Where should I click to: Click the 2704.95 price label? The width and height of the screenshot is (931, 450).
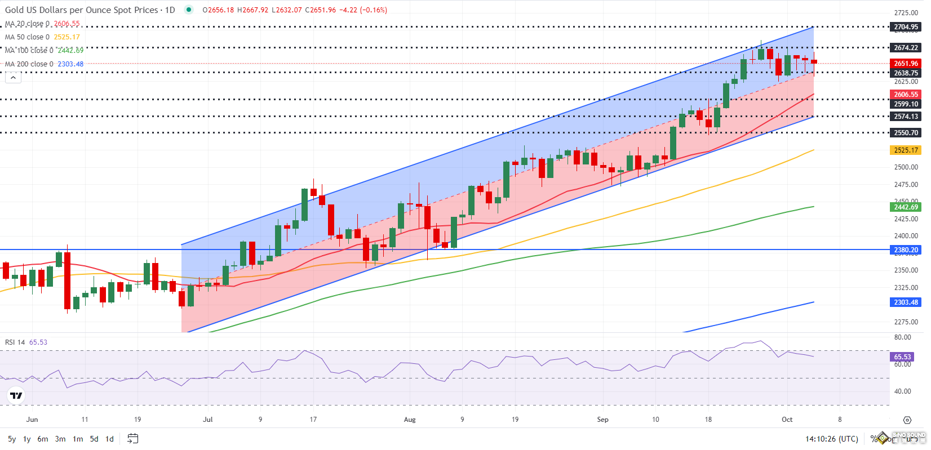pos(906,27)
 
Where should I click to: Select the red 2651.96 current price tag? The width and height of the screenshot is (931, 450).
pos(906,64)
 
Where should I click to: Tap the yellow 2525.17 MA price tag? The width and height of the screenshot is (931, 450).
pos(906,150)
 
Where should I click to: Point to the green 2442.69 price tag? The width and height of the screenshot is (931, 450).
pos(906,207)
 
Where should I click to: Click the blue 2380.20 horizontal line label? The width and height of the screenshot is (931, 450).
pos(906,250)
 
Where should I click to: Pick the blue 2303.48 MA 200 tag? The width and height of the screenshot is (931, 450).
pos(906,302)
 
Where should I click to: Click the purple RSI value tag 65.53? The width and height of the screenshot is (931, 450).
pos(902,357)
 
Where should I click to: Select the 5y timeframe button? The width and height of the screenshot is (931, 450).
pos(12,439)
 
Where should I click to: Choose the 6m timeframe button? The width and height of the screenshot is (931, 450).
pos(43,439)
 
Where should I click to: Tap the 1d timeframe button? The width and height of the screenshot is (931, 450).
pos(109,439)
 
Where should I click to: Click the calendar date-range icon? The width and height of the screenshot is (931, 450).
pos(133,438)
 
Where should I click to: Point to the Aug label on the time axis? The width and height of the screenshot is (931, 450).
pos(410,420)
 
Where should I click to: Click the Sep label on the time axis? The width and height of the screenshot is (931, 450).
pos(602,420)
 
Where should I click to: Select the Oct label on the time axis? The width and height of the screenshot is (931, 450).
pos(787,420)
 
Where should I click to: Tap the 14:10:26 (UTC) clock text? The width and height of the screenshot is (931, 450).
pos(831,439)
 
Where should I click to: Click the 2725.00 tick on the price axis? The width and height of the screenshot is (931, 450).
pos(906,13)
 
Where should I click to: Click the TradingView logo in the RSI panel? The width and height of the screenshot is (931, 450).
pos(16,395)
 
